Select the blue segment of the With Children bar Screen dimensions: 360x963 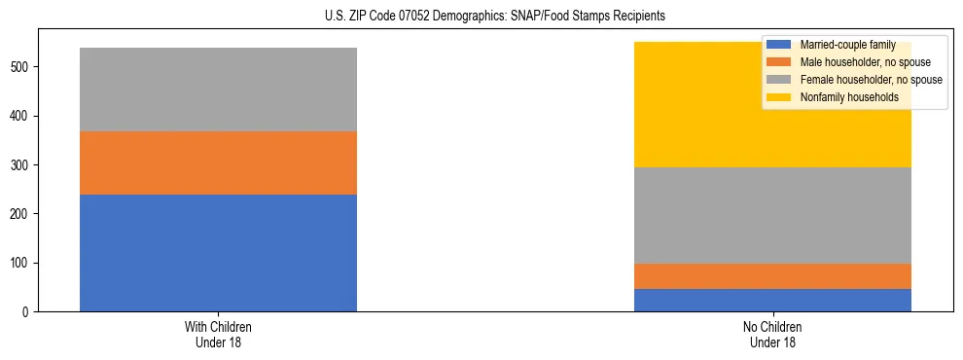(218, 253)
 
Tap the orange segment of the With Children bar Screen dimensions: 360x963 (218, 163)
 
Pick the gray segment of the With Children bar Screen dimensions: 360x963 (218, 90)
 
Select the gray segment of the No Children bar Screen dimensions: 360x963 (772, 216)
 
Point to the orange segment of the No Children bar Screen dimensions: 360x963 (772, 276)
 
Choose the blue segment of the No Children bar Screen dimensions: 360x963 (772, 300)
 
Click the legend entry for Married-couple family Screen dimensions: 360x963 (840, 45)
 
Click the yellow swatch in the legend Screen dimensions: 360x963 (779, 97)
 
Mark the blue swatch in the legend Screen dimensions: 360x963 (779, 45)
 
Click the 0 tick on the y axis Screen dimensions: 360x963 (30, 312)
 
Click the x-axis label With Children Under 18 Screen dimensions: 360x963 (218, 334)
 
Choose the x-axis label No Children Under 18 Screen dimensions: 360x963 (772, 334)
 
